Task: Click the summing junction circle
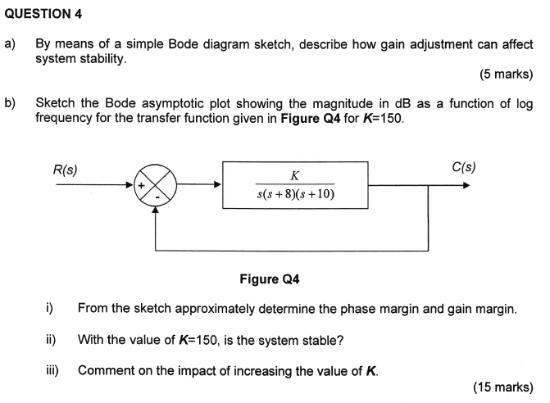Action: click(156, 185)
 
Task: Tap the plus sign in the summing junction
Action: click(143, 186)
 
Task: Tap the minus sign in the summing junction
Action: click(156, 199)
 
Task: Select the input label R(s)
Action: click(66, 170)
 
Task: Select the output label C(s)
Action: click(463, 168)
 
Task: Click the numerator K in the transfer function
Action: click(294, 175)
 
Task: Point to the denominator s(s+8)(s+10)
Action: click(295, 195)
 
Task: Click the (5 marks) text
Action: click(507, 75)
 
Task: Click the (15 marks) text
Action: click(503, 387)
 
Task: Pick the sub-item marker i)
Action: click(49, 309)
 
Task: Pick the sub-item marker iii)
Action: click(51, 370)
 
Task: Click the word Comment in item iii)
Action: click(105, 370)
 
